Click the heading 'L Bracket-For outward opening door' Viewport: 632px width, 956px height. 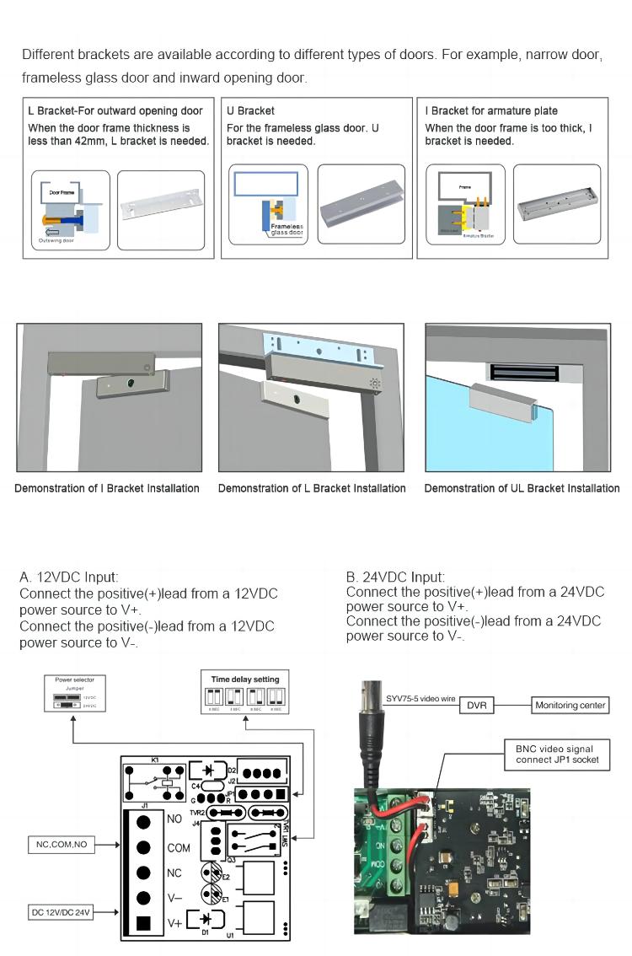115,110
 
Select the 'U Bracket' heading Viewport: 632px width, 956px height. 250,110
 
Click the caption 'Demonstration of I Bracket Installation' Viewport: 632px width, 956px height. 107,488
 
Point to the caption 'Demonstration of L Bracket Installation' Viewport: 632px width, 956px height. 312,488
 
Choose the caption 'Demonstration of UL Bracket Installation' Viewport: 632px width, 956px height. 522,488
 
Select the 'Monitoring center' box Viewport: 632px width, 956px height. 570,706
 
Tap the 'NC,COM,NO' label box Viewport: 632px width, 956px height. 58,844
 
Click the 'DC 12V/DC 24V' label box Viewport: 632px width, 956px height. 61,912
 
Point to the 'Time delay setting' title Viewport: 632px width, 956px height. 244,679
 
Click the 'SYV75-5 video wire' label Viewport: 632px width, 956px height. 420,699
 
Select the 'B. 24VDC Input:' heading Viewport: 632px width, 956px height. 395,577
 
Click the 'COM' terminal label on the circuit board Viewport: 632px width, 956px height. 179,848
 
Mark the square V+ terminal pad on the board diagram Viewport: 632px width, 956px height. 144,922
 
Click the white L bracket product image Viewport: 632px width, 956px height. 160,209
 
